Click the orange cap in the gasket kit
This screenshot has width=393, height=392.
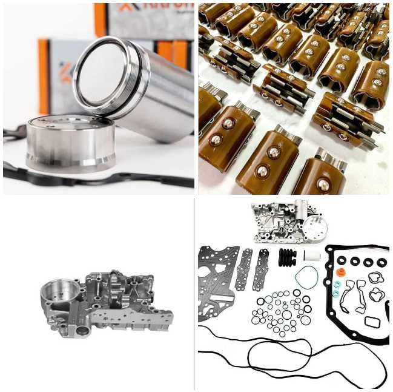point(340,272)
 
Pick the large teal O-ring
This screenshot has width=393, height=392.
point(306,278)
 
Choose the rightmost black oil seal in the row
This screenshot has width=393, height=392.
point(381,262)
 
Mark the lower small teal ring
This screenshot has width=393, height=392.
point(335,292)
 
